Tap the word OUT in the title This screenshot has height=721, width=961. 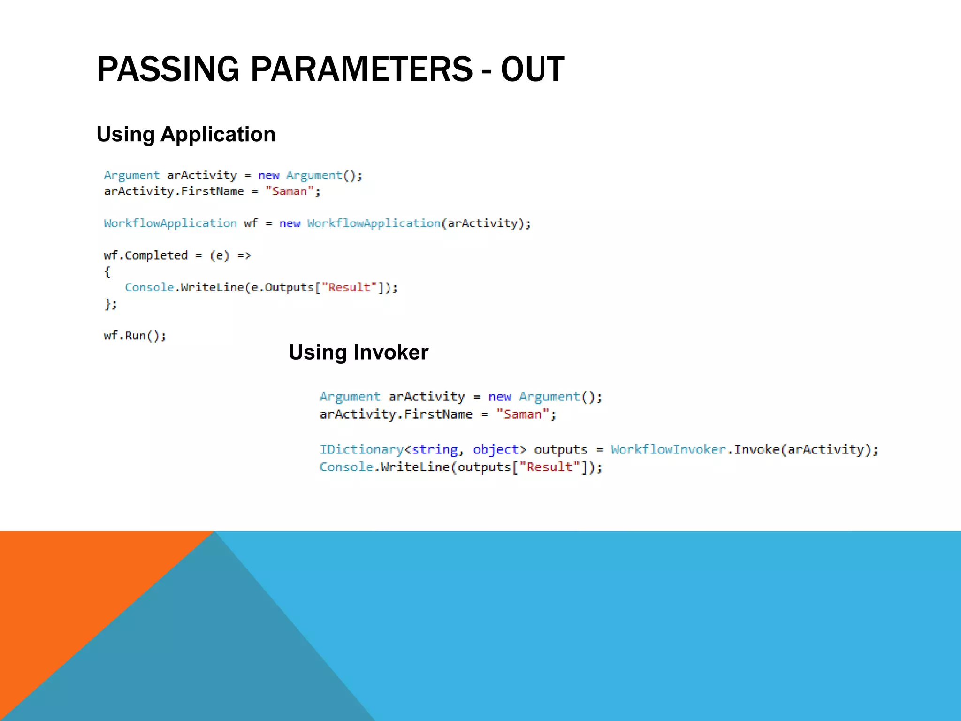(x=532, y=69)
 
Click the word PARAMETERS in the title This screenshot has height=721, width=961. (x=361, y=69)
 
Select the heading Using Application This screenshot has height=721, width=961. (x=186, y=135)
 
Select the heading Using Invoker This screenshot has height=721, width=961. (x=358, y=353)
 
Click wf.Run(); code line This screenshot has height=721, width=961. (x=135, y=336)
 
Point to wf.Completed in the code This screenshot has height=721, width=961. (x=146, y=255)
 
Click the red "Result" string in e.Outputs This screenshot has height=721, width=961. (x=349, y=287)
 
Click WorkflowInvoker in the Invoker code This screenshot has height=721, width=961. (x=668, y=450)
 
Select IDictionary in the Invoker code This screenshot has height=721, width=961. (x=361, y=450)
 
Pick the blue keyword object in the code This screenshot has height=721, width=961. (x=496, y=450)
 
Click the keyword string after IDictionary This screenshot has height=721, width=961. (x=435, y=450)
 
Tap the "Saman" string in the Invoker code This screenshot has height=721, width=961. (x=522, y=414)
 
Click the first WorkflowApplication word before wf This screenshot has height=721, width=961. (x=170, y=223)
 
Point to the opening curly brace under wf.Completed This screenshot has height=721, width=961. (x=107, y=272)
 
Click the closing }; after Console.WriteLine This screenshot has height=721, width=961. (x=110, y=304)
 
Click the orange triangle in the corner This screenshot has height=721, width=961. (x=70, y=587)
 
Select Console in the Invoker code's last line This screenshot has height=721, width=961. (x=346, y=467)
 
